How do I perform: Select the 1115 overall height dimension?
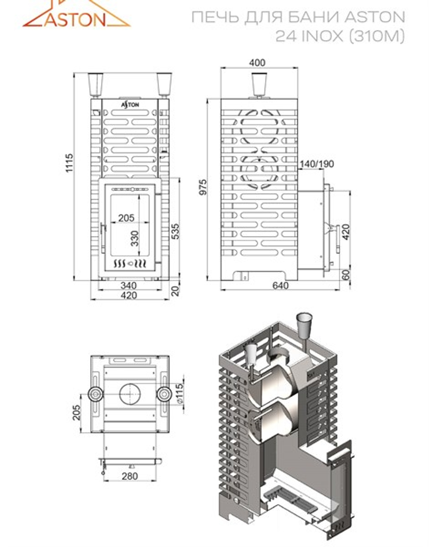coord(69,164)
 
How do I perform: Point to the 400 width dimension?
coord(257,63)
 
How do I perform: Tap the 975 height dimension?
coord(203,187)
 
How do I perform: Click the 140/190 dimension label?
coord(317,164)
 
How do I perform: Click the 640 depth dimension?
coord(281,285)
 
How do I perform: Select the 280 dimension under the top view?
coord(130,476)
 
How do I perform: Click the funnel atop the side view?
coord(260,84)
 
